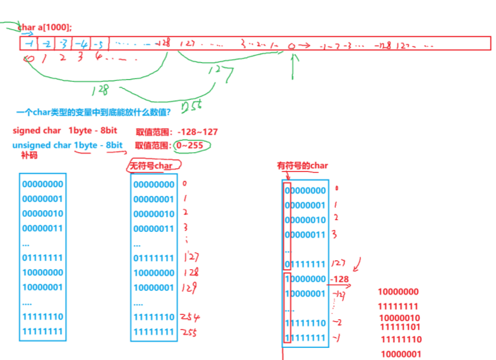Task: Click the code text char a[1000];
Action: pos(45,27)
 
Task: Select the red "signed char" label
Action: pos(37,131)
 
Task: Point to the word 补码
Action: pos(29,156)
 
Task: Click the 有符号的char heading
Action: pos(302,165)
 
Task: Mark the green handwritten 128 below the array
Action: pos(100,90)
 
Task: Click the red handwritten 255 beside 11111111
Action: pos(190,332)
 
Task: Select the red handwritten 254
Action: pos(190,317)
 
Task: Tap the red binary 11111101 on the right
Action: pos(400,327)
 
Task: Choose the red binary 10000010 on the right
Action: pos(399,317)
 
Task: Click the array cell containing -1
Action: pos(29,43)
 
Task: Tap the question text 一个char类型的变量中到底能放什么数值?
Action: pos(93,112)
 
